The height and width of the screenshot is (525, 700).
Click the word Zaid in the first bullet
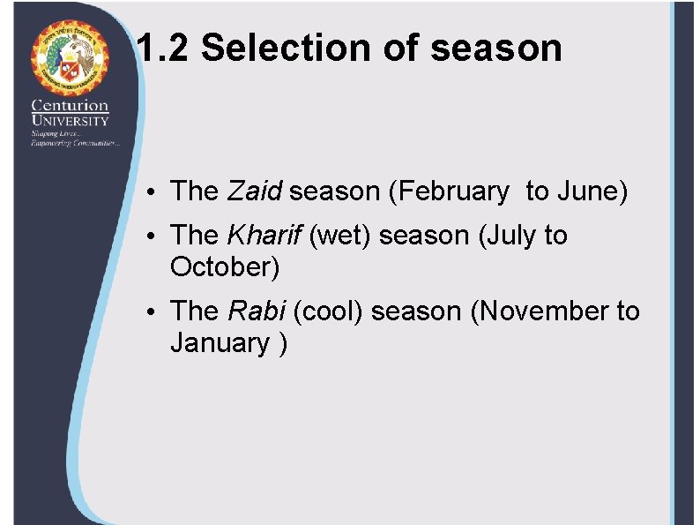(254, 191)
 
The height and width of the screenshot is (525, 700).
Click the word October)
(224, 266)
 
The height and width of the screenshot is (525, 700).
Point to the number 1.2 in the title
(164, 49)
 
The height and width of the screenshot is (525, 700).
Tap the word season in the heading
(495, 49)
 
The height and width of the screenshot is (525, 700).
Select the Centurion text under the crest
(70, 107)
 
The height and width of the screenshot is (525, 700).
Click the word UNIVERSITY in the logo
(70, 121)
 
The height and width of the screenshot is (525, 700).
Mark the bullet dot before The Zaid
(153, 192)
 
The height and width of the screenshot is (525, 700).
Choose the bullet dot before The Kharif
(153, 237)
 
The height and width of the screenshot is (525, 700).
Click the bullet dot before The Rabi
(153, 313)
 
